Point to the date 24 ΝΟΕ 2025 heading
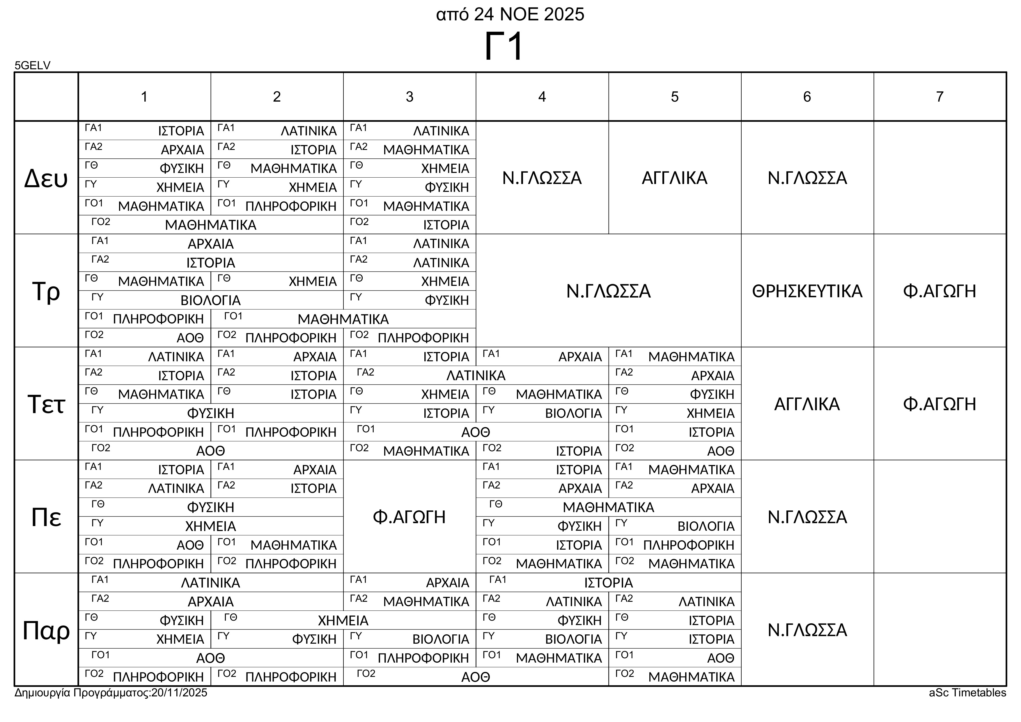point(529,15)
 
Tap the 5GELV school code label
point(33,66)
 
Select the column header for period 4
point(542,97)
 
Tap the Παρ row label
point(46,630)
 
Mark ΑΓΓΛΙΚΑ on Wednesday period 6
point(807,404)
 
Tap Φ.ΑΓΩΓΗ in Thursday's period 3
point(409,517)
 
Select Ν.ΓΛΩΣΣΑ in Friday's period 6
point(807,630)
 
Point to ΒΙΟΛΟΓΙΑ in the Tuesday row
point(210,300)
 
